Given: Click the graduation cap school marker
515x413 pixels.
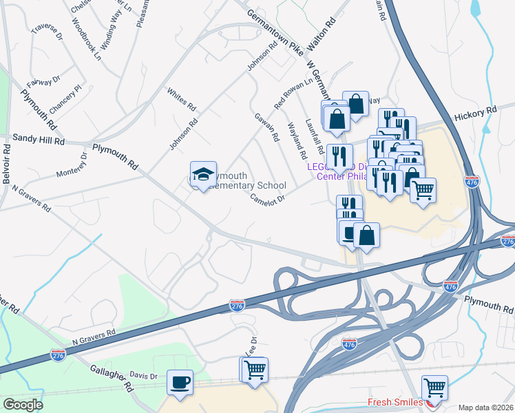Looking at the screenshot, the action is pyautogui.click(x=203, y=175).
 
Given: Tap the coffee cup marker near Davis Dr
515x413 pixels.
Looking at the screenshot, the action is pyautogui.click(x=180, y=383).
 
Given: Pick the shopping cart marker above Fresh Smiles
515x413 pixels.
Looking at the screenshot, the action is pyautogui.click(x=434, y=388).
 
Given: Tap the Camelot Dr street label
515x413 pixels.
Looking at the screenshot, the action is pyautogui.click(x=267, y=198).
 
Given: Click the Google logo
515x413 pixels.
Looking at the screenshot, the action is pyautogui.click(x=23, y=404).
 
